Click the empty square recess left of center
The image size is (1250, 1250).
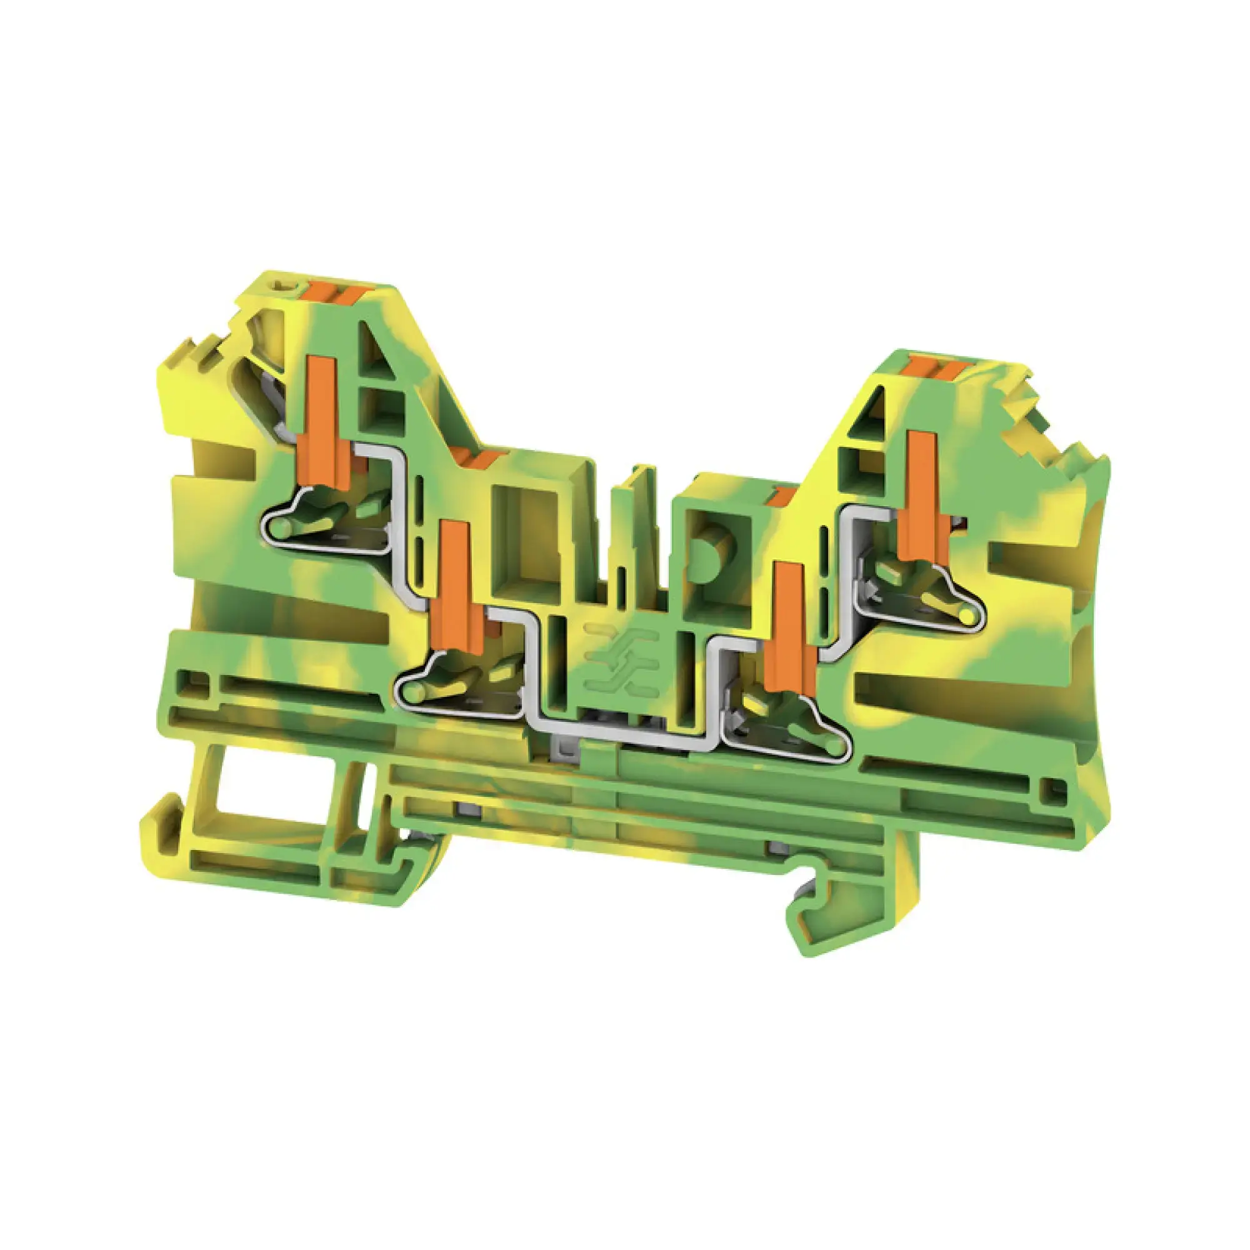[x=526, y=544]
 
